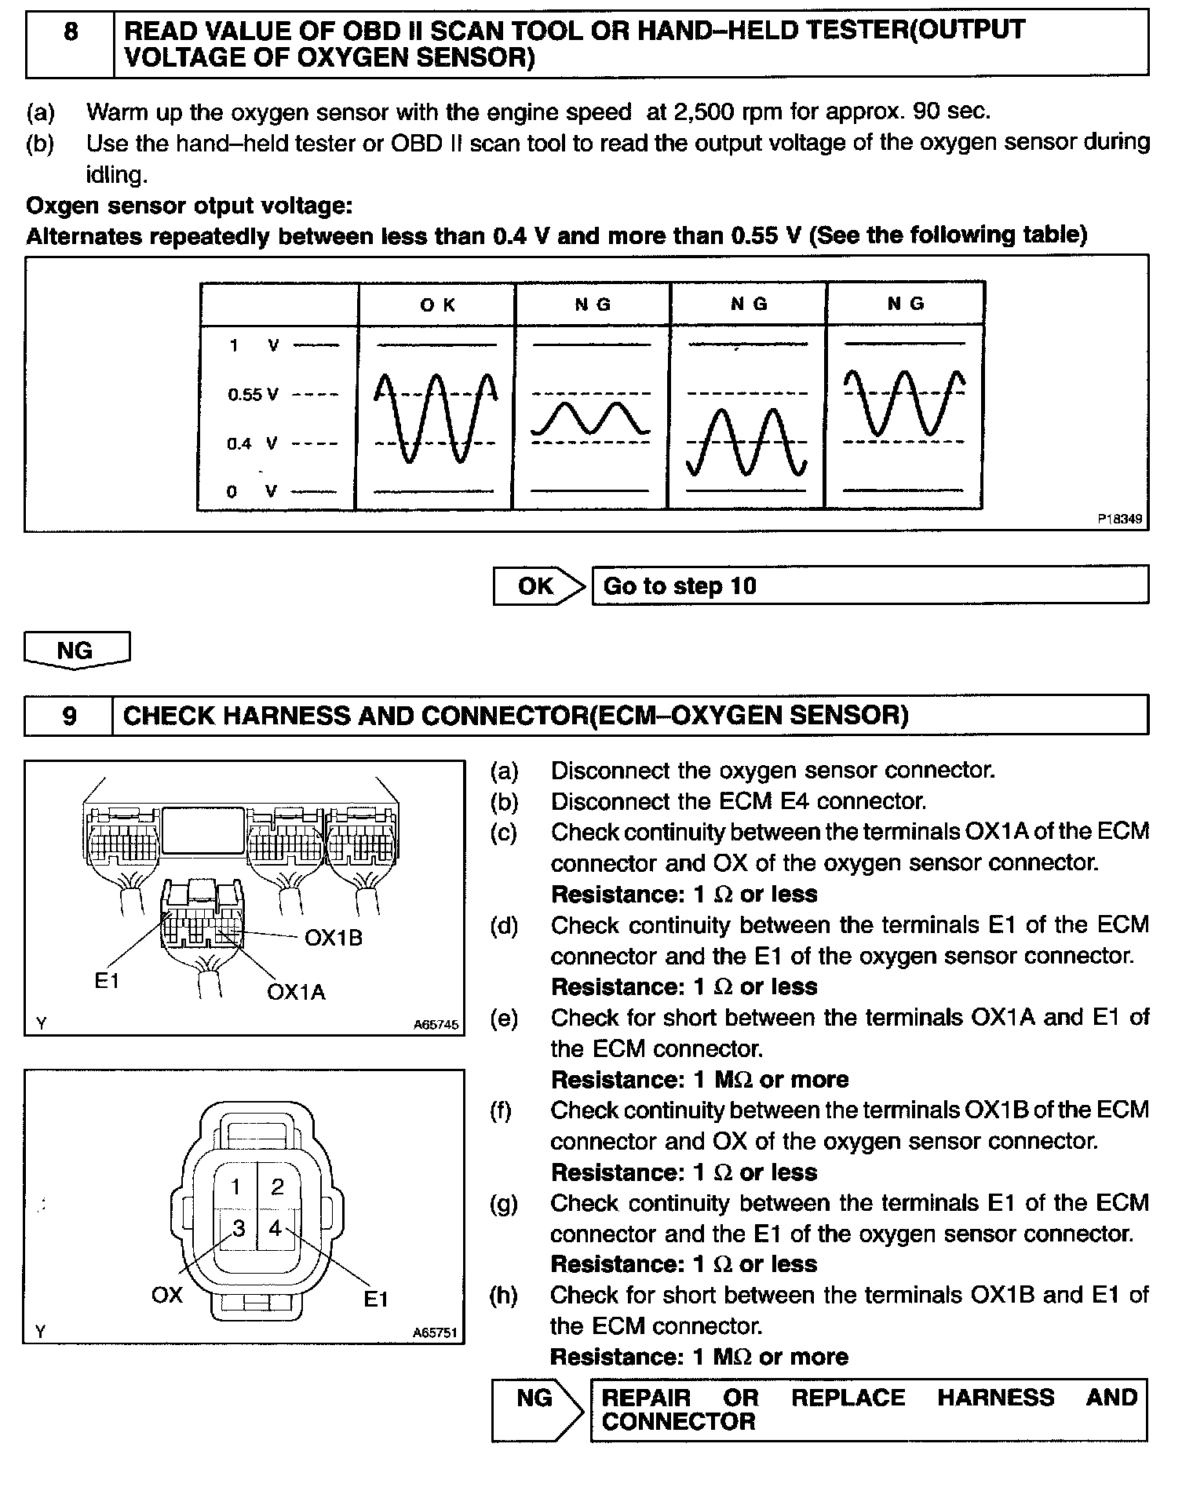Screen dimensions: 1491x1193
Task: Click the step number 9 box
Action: (69, 716)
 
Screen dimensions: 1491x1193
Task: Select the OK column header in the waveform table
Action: (437, 304)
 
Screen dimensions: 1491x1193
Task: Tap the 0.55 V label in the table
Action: (253, 394)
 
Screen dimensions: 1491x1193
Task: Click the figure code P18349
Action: (1120, 519)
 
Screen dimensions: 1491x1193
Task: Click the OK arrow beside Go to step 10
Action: (538, 585)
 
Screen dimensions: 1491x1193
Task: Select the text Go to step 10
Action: (680, 586)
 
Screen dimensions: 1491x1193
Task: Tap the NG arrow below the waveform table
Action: (76, 651)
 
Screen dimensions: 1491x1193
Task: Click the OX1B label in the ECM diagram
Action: (334, 938)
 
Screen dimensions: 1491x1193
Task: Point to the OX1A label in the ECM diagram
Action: (296, 992)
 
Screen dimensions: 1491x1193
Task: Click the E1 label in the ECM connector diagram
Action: (107, 980)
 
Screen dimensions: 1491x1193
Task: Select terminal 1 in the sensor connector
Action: (236, 1187)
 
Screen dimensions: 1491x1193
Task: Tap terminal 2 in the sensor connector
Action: (277, 1187)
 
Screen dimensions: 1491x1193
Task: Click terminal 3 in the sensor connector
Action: (238, 1227)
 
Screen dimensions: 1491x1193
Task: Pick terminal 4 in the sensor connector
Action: (275, 1227)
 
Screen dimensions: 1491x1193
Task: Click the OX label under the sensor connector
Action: (166, 1294)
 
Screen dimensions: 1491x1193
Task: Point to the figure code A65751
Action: (436, 1332)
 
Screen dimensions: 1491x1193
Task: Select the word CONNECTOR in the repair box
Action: (678, 1421)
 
